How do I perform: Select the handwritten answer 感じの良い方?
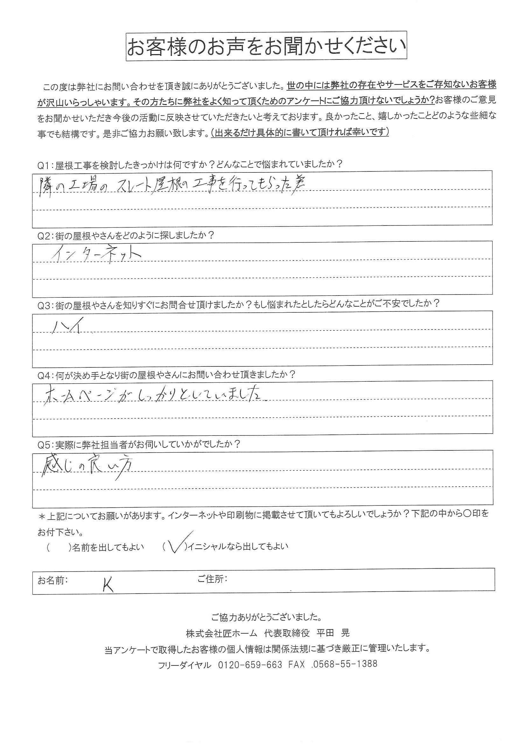[88, 467]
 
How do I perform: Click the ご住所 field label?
[212, 579]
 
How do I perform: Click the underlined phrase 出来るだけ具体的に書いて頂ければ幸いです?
[300, 132]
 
